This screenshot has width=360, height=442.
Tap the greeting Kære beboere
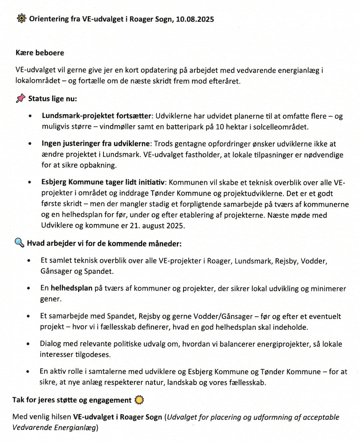(40, 53)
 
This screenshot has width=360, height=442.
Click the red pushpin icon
(21, 99)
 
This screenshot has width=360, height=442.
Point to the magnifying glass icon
(20, 243)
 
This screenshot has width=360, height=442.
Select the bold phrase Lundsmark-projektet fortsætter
(97, 116)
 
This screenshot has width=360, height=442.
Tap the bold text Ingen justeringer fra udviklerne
(96, 144)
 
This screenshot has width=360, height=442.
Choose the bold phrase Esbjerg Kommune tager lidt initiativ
(103, 182)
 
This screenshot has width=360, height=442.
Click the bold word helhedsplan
(71, 288)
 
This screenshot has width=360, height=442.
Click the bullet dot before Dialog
(29, 344)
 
